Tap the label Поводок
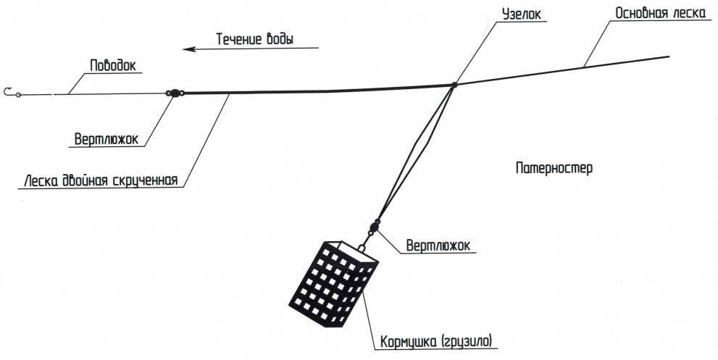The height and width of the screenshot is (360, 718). pyautogui.click(x=112, y=65)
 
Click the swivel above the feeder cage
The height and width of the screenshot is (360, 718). pyautogui.click(x=374, y=226)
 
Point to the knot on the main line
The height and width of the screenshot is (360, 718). pyautogui.click(x=454, y=84)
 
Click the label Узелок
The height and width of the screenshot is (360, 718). pyautogui.click(x=522, y=14)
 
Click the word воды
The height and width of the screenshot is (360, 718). pyautogui.click(x=280, y=39)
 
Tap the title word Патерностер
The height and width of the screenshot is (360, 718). pyautogui.click(x=554, y=168)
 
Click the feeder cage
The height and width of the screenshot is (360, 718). pyautogui.click(x=334, y=282)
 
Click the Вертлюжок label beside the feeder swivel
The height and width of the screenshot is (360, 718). pyautogui.click(x=438, y=246)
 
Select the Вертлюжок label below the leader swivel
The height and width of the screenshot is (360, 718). pyautogui.click(x=106, y=139)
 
